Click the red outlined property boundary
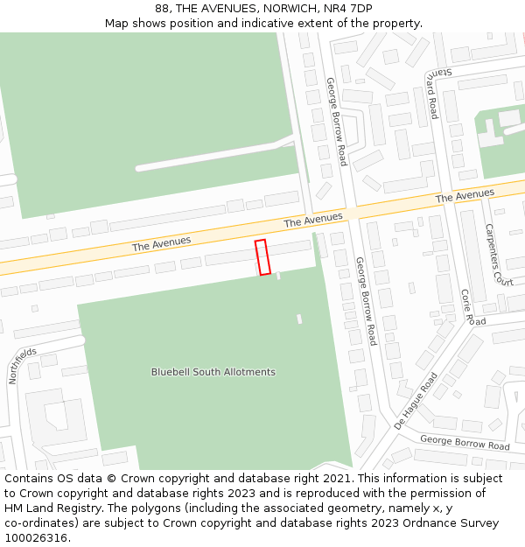click(262, 256)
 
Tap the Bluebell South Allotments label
click(213, 372)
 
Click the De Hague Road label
click(415, 399)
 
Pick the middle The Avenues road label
click(312, 218)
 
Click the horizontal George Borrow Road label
click(464, 443)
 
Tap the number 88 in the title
click(162, 9)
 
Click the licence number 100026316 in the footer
click(35, 538)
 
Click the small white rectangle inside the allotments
click(299, 319)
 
